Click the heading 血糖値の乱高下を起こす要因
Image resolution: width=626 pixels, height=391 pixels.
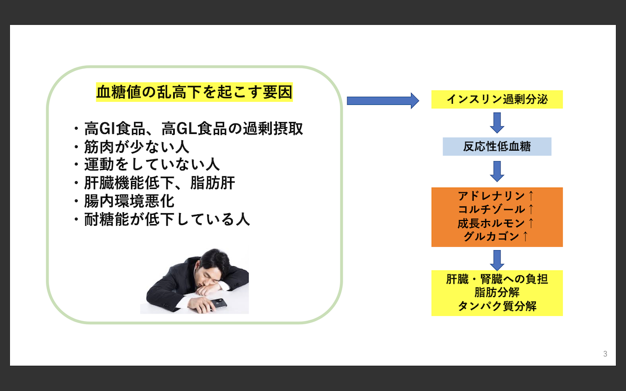194,92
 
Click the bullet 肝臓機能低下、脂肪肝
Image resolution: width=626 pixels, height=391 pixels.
160,183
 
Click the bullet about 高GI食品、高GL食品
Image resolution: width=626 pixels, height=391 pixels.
194,128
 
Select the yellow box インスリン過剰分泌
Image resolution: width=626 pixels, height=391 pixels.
497,99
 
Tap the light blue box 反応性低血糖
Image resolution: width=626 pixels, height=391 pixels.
497,146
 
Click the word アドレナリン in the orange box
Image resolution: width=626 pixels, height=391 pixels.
490,197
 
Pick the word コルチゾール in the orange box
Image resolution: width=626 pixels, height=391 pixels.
490,210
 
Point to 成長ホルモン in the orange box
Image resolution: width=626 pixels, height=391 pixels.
490,223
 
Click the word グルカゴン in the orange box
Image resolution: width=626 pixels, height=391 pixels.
490,237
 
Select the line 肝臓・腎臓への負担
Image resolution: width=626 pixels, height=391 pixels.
497,279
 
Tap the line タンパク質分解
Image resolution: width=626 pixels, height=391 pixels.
497,306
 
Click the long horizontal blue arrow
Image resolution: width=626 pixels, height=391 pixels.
382,100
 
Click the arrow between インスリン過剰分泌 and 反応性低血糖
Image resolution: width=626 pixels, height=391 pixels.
497,123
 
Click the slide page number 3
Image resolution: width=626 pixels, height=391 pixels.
605,355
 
